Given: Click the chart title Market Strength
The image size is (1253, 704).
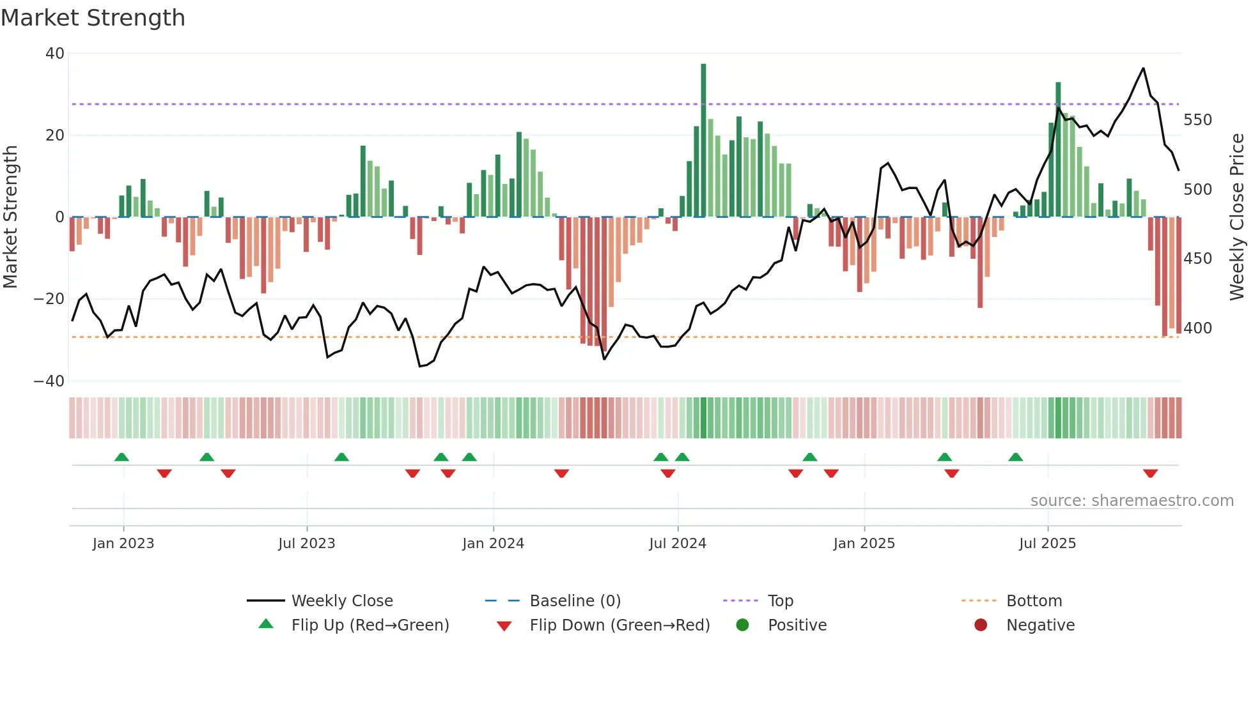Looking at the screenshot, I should pyautogui.click(x=93, y=18).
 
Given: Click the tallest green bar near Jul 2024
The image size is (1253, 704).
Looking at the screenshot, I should pyautogui.click(x=703, y=141).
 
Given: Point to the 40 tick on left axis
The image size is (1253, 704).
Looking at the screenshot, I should pyautogui.click(x=55, y=54).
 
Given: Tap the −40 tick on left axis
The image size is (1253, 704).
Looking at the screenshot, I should pyautogui.click(x=50, y=381).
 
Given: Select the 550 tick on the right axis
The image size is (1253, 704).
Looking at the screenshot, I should pyautogui.click(x=1197, y=120).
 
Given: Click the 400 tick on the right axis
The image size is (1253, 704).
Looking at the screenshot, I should pyautogui.click(x=1197, y=328).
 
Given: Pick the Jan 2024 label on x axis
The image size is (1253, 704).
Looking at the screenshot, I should pyautogui.click(x=493, y=544).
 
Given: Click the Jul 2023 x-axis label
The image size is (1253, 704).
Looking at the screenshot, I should pyautogui.click(x=306, y=544).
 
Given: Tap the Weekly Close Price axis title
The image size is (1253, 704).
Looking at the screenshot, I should pyautogui.click(x=1237, y=217).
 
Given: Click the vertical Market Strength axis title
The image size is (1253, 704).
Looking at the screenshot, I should pyautogui.click(x=11, y=217).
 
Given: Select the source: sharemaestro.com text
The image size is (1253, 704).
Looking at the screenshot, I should pyautogui.click(x=1132, y=501).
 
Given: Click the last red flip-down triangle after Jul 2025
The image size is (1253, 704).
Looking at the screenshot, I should pyautogui.click(x=1150, y=473).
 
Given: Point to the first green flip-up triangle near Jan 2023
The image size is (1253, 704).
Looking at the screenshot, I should pyautogui.click(x=121, y=457).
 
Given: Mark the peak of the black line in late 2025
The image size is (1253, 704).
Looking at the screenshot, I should pyautogui.click(x=1143, y=68).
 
